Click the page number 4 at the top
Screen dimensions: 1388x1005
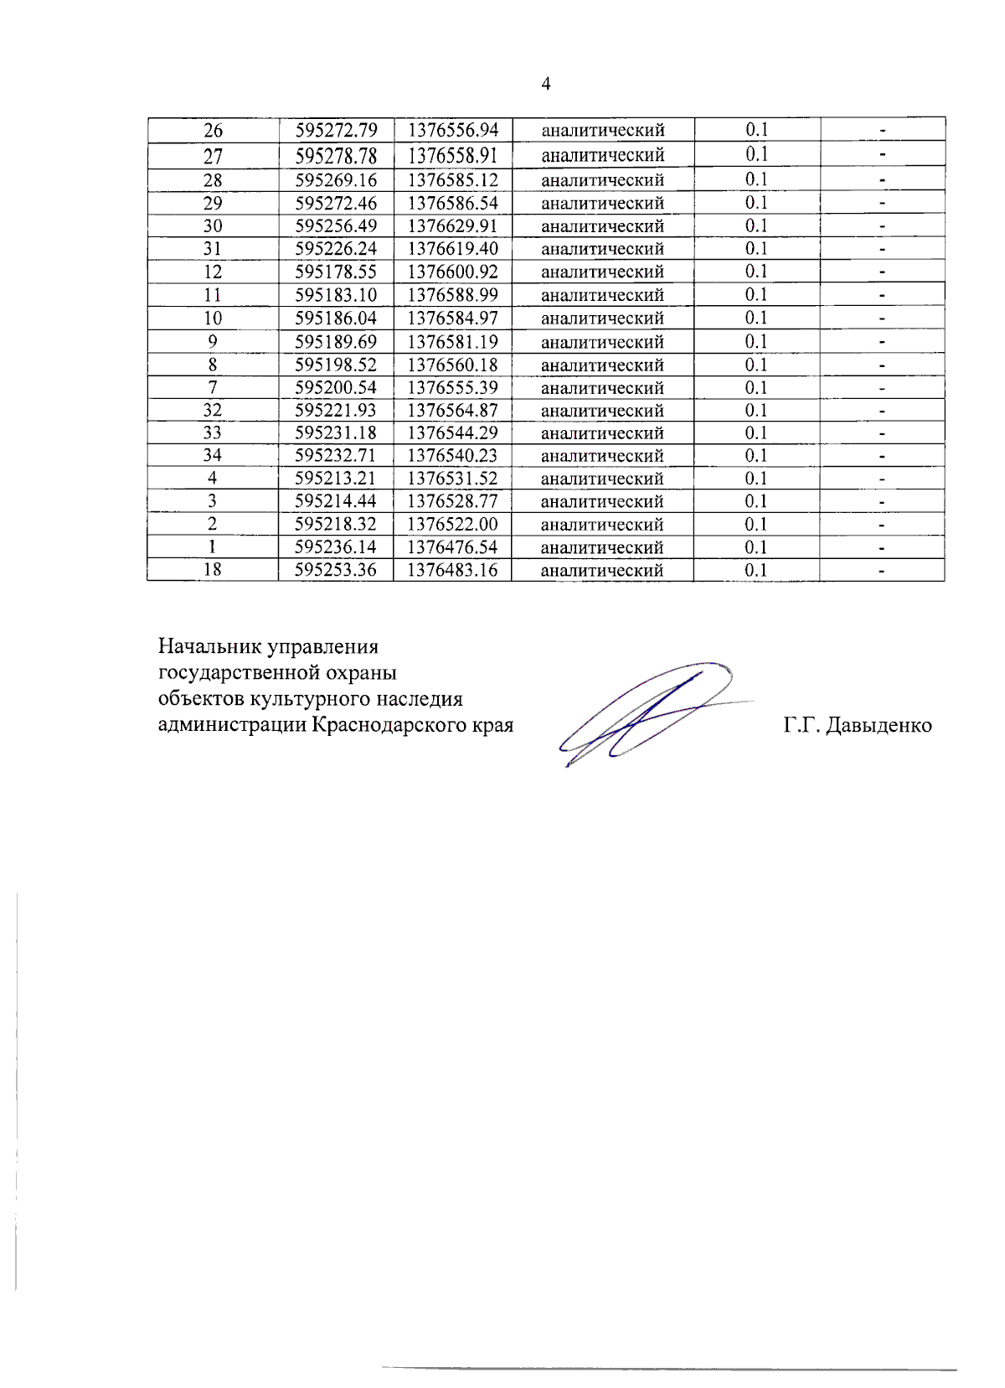coord(546,84)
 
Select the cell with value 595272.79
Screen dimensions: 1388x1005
coord(336,130)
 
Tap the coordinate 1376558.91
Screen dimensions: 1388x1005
coord(452,155)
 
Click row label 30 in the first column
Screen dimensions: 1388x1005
coord(213,226)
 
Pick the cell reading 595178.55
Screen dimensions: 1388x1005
coord(336,272)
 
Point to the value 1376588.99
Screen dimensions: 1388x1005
coord(452,295)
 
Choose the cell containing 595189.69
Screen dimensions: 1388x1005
coord(336,342)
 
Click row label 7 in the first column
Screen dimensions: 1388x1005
coord(213,387)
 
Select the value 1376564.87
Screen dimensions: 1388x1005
coord(452,411)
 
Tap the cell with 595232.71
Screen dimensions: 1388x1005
coord(336,456)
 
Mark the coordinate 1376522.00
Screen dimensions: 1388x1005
coord(452,525)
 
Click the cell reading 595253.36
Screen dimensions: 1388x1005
coord(336,570)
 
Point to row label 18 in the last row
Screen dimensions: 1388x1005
coord(213,570)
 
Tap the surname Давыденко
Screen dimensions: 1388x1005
coord(879,726)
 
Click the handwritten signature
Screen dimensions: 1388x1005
coord(645,712)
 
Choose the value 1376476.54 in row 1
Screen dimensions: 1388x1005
coord(452,547)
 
